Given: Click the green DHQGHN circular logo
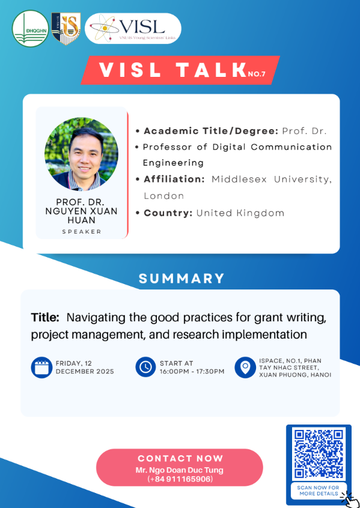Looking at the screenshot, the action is [31, 29].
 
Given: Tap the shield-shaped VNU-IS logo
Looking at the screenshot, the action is [66, 28].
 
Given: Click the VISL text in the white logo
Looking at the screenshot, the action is [142, 26].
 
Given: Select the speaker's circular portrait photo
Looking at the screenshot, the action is [81, 154].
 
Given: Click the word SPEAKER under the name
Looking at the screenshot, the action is [82, 232].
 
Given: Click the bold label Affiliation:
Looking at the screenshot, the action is [174, 179].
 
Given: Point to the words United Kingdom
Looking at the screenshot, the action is [240, 213].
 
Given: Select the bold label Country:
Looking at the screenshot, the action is [168, 213].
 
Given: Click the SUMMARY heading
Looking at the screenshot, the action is [182, 279].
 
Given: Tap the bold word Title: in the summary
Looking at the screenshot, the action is [45, 318].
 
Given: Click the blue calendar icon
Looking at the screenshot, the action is [41, 367].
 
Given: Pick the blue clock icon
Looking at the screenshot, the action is [145, 367].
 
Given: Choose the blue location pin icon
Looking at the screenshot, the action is [245, 367].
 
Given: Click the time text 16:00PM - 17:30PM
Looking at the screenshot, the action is [192, 371].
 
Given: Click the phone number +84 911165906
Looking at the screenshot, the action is [180, 479].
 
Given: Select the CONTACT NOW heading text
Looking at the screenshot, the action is [180, 458].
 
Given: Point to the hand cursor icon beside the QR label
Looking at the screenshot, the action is [350, 500].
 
